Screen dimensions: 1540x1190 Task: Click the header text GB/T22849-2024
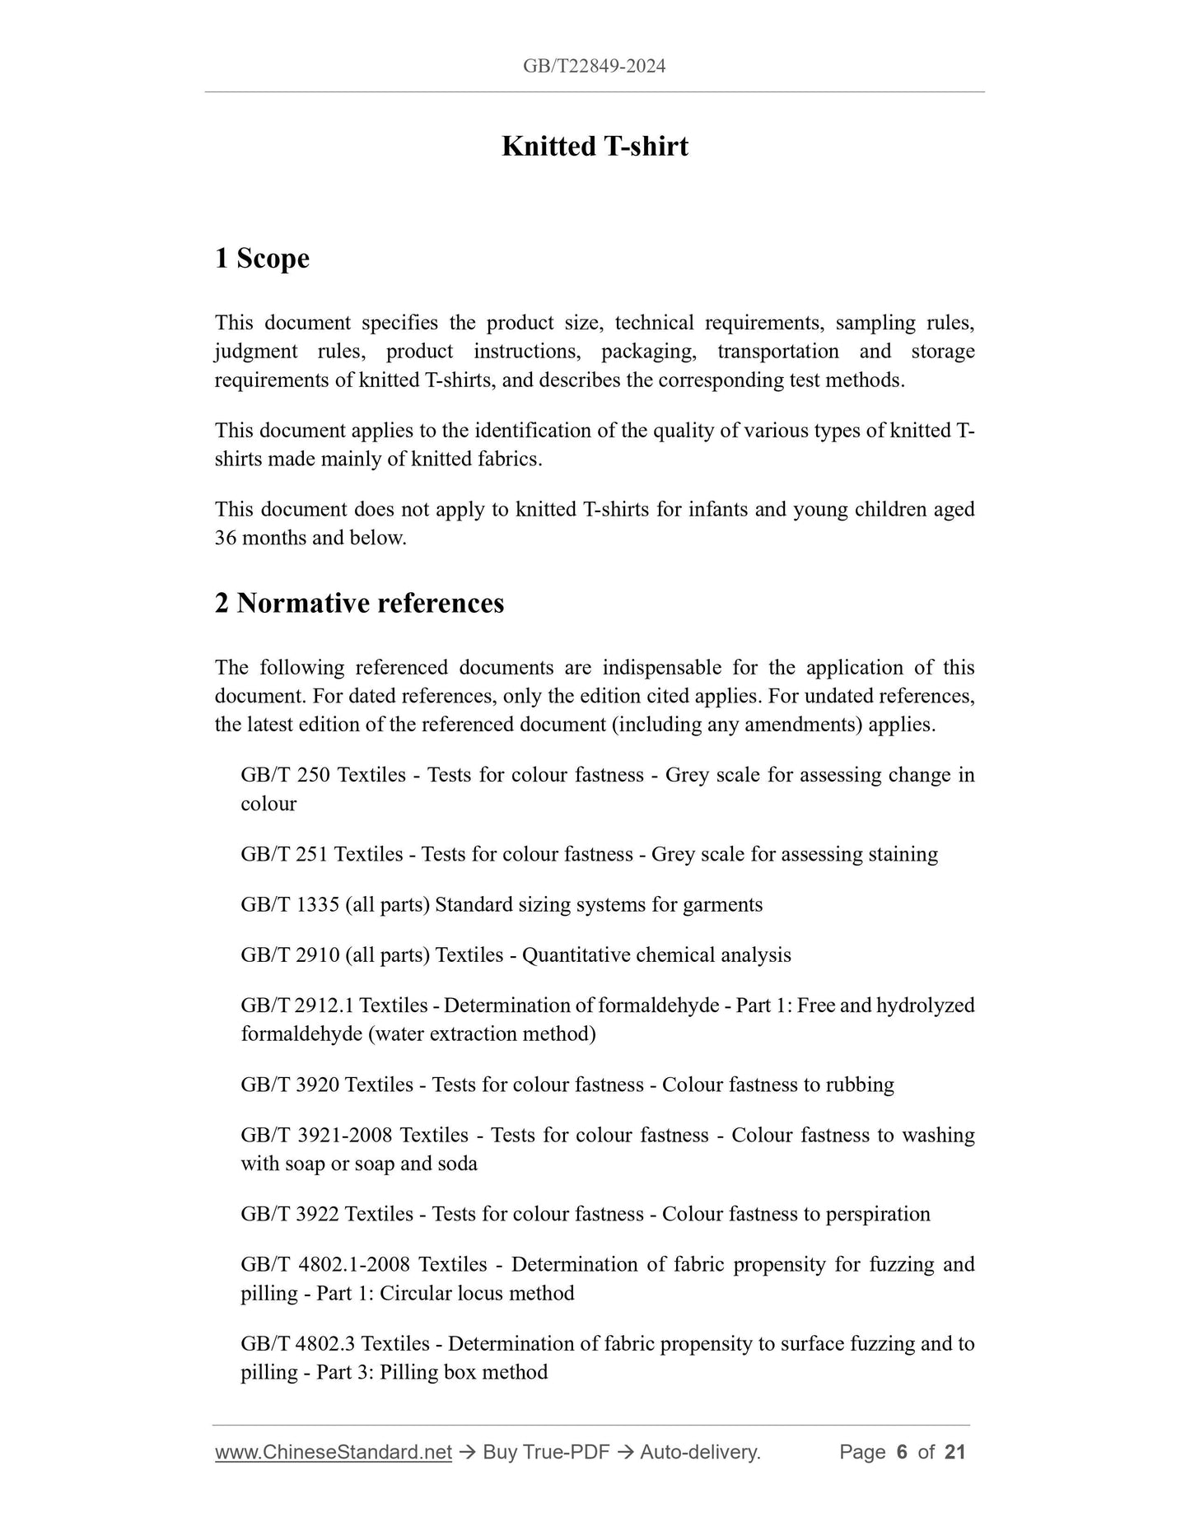coord(594,66)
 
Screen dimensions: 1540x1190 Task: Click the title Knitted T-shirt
coord(595,146)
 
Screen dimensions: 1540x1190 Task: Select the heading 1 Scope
coord(262,258)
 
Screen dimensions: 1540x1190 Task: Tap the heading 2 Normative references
coord(359,603)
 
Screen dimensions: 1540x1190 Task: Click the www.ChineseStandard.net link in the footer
coord(334,1452)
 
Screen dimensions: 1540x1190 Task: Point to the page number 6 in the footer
coord(902,1452)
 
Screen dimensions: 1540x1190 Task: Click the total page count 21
coord(954,1452)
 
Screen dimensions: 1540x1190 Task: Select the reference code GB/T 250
coord(286,775)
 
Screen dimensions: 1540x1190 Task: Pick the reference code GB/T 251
coord(285,854)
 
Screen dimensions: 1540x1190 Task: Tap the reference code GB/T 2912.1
coord(297,1006)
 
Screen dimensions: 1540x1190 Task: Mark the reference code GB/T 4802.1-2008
coord(325,1264)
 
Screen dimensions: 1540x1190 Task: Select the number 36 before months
coord(226,538)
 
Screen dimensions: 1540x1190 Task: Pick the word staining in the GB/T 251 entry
coord(903,854)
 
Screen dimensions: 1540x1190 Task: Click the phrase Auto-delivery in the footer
coord(699,1452)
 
